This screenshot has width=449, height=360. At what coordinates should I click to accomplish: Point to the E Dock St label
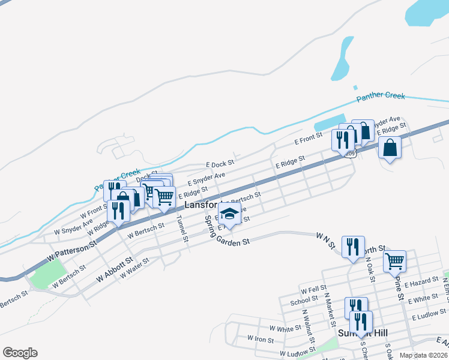pos(220,163)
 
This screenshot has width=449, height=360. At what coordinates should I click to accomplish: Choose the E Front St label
pos(309,140)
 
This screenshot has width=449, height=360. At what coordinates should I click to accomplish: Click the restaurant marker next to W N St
pos(352,246)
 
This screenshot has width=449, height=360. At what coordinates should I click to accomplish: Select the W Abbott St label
pos(115,271)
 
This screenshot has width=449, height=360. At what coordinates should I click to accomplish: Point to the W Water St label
pos(134,268)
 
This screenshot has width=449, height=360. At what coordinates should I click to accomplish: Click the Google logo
pos(20,353)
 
